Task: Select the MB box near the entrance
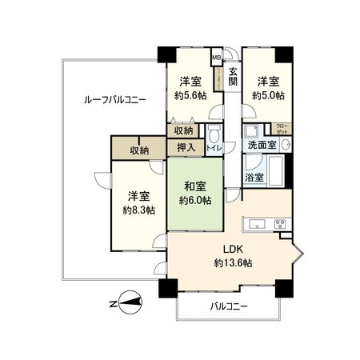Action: click(x=216, y=58)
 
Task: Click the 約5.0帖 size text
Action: click(x=268, y=94)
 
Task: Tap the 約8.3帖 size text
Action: click(x=138, y=210)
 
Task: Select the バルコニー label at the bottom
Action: click(x=229, y=306)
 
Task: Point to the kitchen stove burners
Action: click(x=282, y=222)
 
